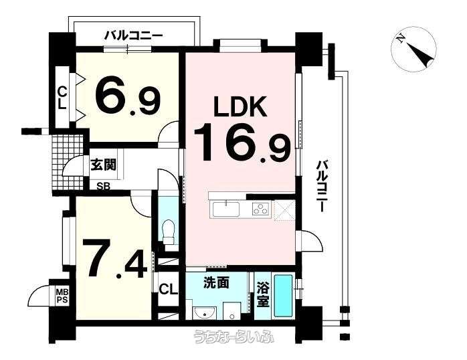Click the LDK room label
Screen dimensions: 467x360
click(240, 107)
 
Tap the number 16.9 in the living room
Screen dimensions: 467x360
click(242, 143)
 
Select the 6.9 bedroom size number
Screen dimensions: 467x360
click(128, 94)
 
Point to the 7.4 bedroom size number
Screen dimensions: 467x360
click(114, 258)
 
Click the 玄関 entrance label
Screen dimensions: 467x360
click(103, 164)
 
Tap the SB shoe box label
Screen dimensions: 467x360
click(104, 187)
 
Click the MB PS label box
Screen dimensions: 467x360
click(62, 296)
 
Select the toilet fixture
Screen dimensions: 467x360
click(169, 232)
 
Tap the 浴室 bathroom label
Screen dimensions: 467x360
click(263, 294)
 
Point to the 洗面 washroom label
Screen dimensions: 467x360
click(216, 283)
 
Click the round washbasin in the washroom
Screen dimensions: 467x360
click(203, 313)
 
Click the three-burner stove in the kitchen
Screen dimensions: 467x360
click(261, 208)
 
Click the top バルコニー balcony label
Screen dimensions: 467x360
click(133, 36)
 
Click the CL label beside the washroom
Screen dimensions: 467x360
click(169, 289)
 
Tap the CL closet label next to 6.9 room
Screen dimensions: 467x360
click(62, 98)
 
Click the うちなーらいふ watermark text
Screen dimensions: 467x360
click(233, 337)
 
